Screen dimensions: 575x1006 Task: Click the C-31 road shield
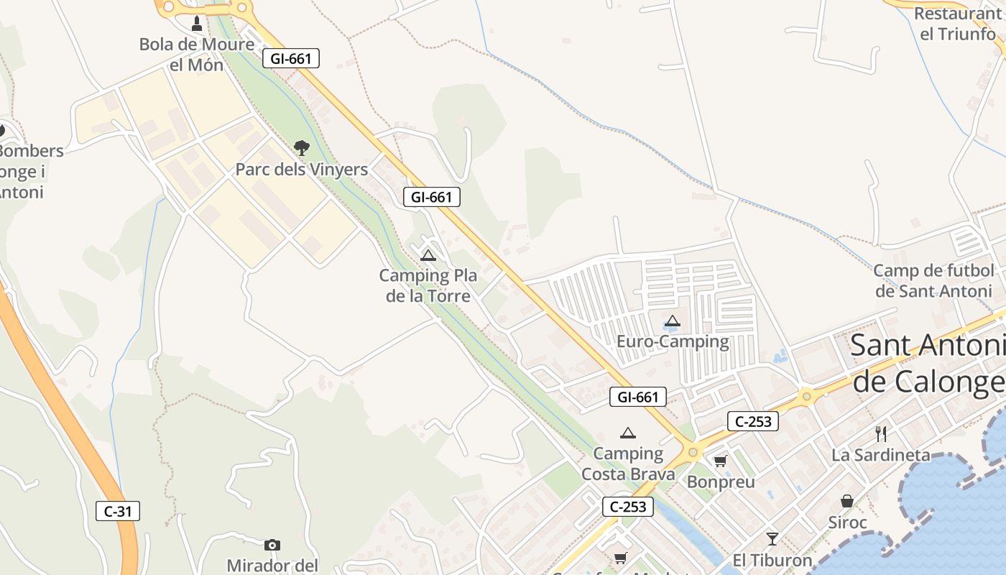118,512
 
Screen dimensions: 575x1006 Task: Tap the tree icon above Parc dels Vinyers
302,148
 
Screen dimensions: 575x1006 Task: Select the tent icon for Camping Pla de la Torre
428,255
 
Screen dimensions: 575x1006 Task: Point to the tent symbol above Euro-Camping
673,321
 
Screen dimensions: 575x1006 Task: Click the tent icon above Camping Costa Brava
628,433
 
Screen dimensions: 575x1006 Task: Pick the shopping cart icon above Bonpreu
720,461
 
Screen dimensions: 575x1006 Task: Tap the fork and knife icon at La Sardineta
881,433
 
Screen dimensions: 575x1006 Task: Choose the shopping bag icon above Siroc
847,501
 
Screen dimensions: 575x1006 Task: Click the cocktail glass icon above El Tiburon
772,538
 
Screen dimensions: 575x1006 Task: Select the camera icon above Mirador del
272,545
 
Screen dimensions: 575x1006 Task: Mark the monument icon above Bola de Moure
197,24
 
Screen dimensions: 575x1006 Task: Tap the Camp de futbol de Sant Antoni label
934,281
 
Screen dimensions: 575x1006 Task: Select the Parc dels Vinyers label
302,170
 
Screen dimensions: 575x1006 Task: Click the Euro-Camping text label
673,341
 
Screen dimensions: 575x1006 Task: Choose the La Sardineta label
881,455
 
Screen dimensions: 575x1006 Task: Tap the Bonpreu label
721,482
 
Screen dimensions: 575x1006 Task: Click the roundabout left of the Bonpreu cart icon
693,453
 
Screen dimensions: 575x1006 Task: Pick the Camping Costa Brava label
628,464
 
